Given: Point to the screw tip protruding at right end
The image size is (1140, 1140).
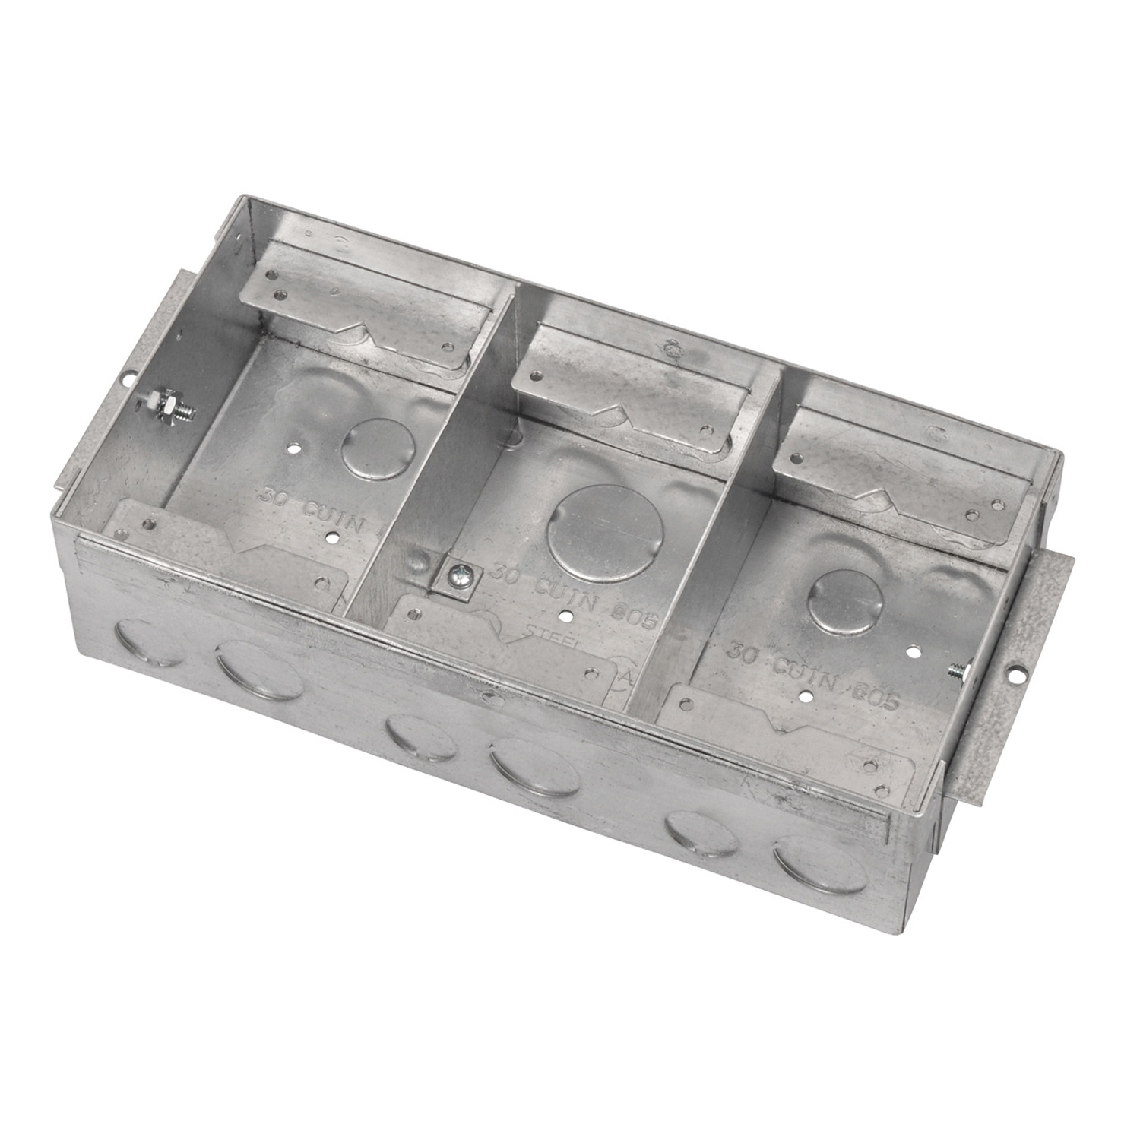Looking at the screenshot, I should point(955,671).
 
